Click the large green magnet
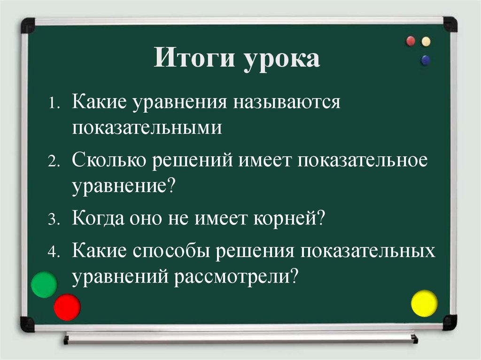click(x=44, y=284)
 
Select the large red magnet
click(x=67, y=307)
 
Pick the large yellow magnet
click(x=424, y=303)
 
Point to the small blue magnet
click(x=426, y=60)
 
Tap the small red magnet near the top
click(x=411, y=41)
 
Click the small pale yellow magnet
click(x=426, y=41)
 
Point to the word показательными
click(x=147, y=127)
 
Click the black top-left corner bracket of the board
click(x=28, y=24)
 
